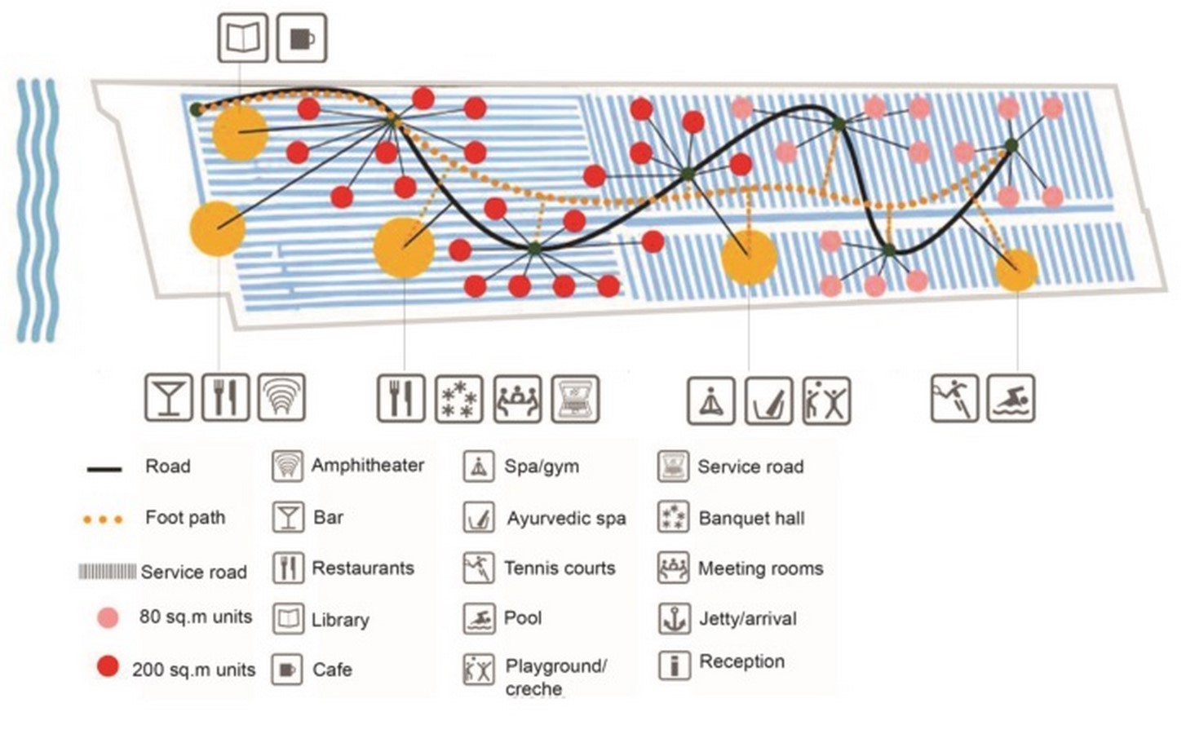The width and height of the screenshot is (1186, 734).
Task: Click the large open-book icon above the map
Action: coord(243,38)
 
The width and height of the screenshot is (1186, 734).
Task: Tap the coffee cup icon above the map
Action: coord(302,38)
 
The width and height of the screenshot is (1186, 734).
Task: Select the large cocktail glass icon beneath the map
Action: coord(169,397)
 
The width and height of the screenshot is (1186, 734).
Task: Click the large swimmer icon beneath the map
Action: coord(1011,398)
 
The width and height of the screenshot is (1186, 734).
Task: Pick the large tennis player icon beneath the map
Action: coord(954,398)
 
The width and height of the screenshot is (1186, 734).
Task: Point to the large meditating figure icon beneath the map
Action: coord(711,400)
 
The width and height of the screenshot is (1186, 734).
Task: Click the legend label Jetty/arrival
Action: coord(748,619)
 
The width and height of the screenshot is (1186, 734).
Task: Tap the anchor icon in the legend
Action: coord(674,619)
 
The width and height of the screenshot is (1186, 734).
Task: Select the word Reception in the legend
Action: coord(741,661)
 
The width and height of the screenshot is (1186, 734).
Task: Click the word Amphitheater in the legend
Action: coord(367,466)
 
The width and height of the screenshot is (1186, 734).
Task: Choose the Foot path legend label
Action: coord(185,518)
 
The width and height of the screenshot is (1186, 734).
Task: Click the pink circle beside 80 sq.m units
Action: coord(108,617)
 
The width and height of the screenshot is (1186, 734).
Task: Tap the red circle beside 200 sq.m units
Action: coord(108,667)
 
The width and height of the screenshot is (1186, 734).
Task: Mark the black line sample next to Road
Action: coord(104,469)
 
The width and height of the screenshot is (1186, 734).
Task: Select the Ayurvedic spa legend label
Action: coord(567,519)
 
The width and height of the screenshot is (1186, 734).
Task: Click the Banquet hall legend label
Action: coord(752,518)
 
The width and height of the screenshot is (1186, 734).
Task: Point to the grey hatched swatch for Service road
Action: coord(107,572)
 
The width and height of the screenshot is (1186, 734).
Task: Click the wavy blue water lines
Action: coord(37,210)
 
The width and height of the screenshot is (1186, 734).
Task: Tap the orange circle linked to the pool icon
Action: coord(1016,271)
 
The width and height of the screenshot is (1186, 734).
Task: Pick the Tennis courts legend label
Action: coord(560,568)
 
